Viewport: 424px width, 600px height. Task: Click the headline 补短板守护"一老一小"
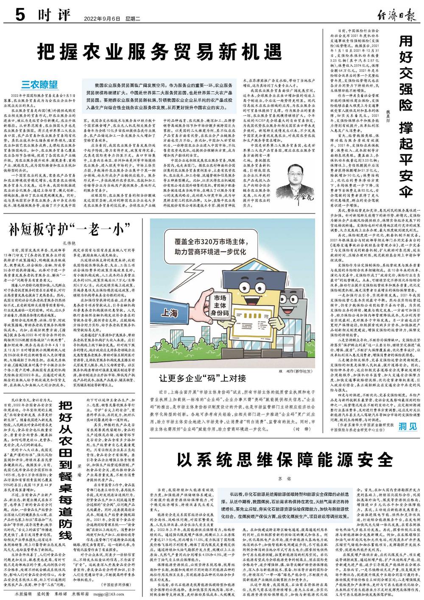70,230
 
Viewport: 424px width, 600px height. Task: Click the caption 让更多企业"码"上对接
203,378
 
